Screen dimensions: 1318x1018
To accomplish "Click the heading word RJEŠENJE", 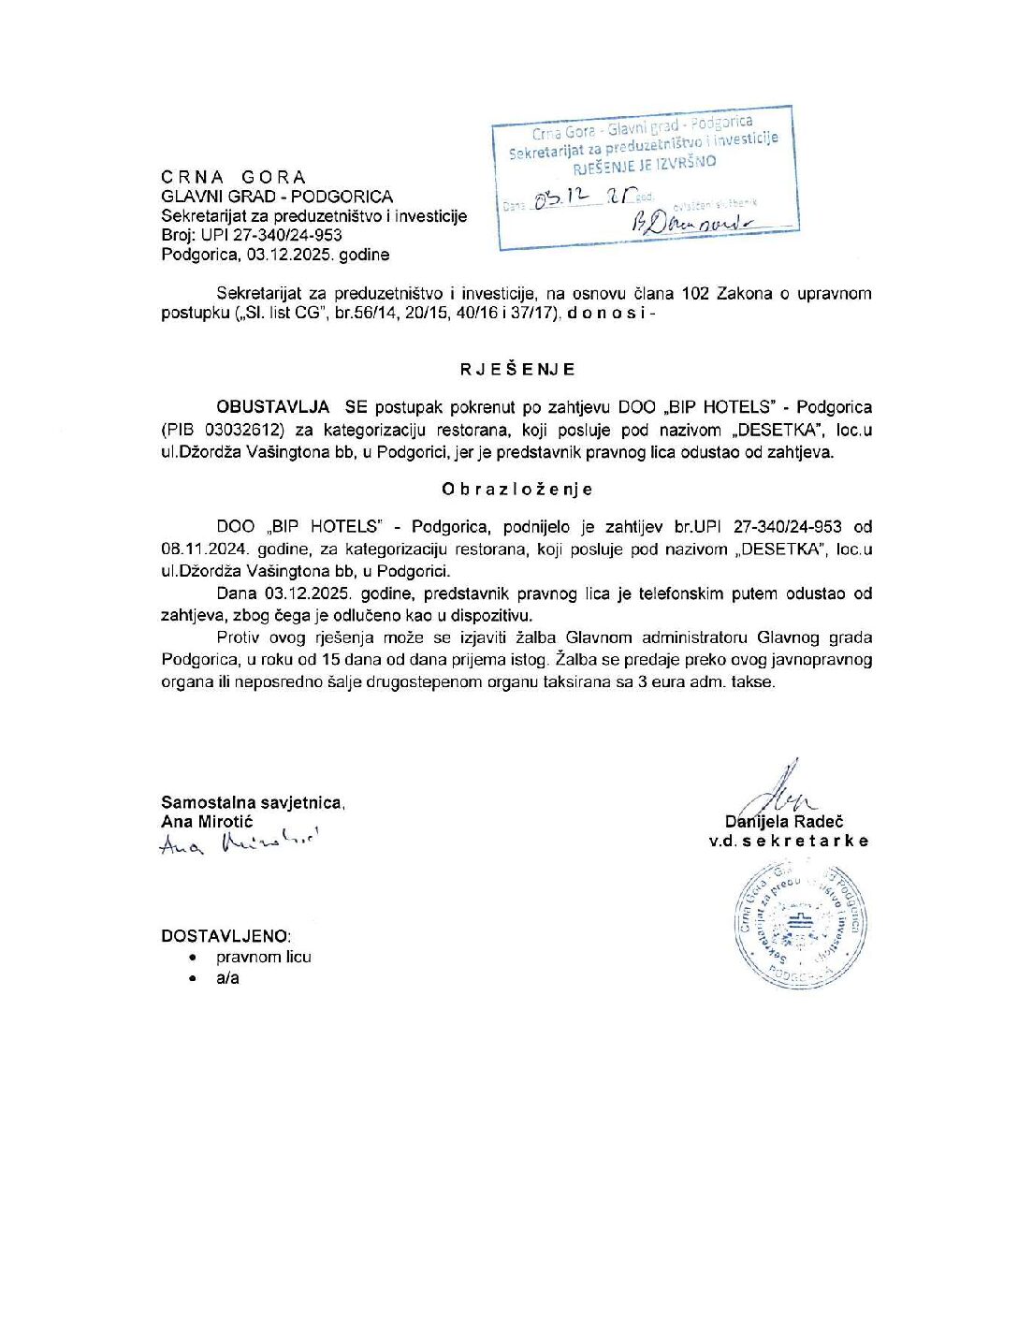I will coord(516,369).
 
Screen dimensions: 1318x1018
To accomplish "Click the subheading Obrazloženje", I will coord(516,489).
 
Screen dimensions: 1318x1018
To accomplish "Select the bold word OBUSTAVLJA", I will coord(272,407).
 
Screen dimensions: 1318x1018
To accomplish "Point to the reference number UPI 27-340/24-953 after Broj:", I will coord(271,235).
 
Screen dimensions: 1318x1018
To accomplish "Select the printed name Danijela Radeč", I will coord(784,822).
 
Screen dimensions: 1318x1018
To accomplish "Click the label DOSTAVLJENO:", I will coord(225,936).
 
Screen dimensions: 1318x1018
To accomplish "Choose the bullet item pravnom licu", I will coord(263,957).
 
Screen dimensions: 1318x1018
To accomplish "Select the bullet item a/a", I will coord(227,978).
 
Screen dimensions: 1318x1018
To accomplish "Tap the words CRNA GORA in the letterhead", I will coord(233,177).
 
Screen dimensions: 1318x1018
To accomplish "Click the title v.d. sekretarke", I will coord(788,841).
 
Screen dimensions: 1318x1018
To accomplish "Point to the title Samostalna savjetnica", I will coord(253,802).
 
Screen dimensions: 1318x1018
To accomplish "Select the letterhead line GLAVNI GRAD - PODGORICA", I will coord(277,197).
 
